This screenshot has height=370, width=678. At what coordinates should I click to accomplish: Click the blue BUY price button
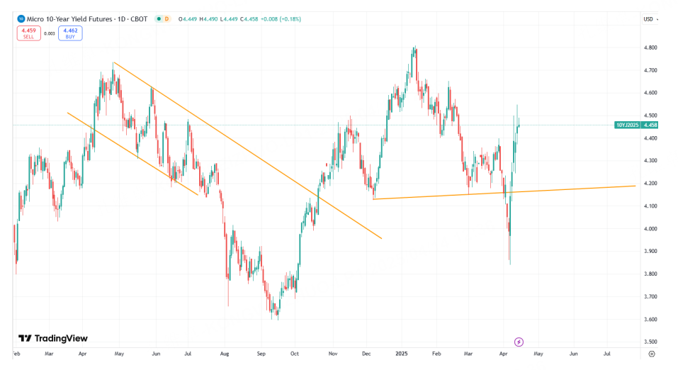coord(70,33)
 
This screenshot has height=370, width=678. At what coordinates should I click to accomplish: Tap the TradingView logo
coord(52,339)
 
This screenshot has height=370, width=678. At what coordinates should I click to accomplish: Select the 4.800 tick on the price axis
coord(650,47)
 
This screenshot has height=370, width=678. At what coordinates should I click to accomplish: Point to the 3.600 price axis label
coord(650,319)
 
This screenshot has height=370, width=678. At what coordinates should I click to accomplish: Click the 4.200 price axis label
coord(650,184)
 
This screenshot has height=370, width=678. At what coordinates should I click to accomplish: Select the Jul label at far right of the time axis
coord(607,352)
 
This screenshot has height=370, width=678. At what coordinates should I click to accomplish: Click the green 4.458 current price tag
coord(650,125)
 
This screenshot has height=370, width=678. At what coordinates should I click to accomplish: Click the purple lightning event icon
coord(519,342)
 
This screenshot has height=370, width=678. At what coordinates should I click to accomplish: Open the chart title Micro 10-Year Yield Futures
coord(72,18)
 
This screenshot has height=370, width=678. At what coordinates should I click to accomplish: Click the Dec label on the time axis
coord(366,352)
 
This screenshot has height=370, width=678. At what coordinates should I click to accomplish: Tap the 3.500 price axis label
coord(650,342)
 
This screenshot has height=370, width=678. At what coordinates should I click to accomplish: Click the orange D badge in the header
coord(166,18)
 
